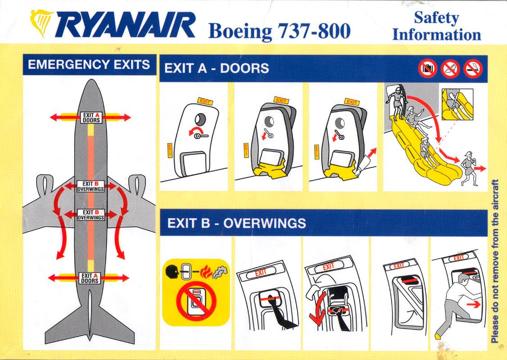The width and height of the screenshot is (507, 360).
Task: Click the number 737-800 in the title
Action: click(x=314, y=31)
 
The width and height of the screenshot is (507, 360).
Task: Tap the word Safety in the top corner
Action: click(x=436, y=18)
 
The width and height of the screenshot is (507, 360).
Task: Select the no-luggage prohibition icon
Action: click(x=428, y=69)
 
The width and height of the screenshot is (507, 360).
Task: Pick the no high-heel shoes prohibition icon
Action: click(x=450, y=69)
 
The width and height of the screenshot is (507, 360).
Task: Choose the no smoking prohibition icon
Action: click(x=473, y=69)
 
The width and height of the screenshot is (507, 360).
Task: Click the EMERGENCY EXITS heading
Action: click(x=89, y=64)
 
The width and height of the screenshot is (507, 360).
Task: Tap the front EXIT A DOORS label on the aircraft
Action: click(x=91, y=117)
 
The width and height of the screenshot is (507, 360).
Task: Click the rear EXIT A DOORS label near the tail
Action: click(x=90, y=278)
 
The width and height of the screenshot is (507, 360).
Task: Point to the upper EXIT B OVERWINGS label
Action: click(x=91, y=186)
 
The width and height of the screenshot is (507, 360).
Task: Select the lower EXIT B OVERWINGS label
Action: click(x=91, y=215)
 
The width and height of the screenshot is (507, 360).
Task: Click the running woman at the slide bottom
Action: click(x=470, y=168)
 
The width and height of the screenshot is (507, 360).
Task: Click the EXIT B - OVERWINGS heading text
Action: click(x=237, y=223)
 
